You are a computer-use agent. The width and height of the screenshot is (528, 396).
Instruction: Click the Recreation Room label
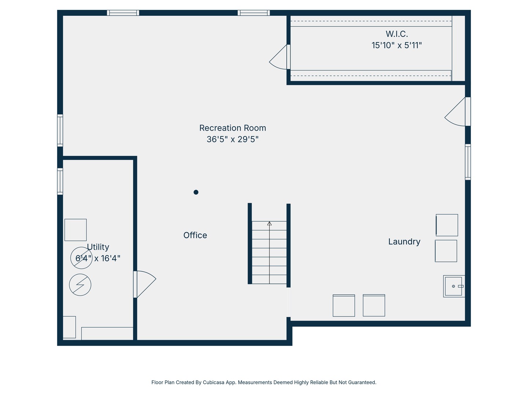pos(232,128)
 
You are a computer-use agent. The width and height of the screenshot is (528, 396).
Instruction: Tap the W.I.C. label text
pos(397,34)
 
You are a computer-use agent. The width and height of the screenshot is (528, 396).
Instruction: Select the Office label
pos(195,235)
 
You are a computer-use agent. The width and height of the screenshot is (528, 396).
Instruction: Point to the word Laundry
pos(404,242)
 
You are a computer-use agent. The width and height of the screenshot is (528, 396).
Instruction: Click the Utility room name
pos(98,247)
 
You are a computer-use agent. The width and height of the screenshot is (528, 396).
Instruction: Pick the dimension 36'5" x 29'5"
pos(232,139)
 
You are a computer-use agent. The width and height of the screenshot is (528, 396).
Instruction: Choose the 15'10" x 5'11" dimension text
pos(397,45)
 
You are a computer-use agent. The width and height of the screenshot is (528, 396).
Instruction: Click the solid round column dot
pos(196,192)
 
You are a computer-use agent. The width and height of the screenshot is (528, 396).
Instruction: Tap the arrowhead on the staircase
pos(269,224)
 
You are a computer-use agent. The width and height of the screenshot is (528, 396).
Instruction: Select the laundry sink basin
pos(454,286)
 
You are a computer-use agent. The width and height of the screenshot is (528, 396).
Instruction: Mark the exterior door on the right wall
pos(467,111)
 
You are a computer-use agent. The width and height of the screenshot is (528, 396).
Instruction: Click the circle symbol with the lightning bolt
pos(80,285)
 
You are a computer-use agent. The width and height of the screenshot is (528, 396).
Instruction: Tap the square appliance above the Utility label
pos(76,230)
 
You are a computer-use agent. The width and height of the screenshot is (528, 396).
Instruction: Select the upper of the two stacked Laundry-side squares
pos(447,225)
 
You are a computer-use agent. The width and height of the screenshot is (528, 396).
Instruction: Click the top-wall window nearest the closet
pos(254,13)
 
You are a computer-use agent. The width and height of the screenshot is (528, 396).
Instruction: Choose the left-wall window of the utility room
pos(60,181)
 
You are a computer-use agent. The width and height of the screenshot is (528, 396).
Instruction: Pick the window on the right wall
pos(468,162)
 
